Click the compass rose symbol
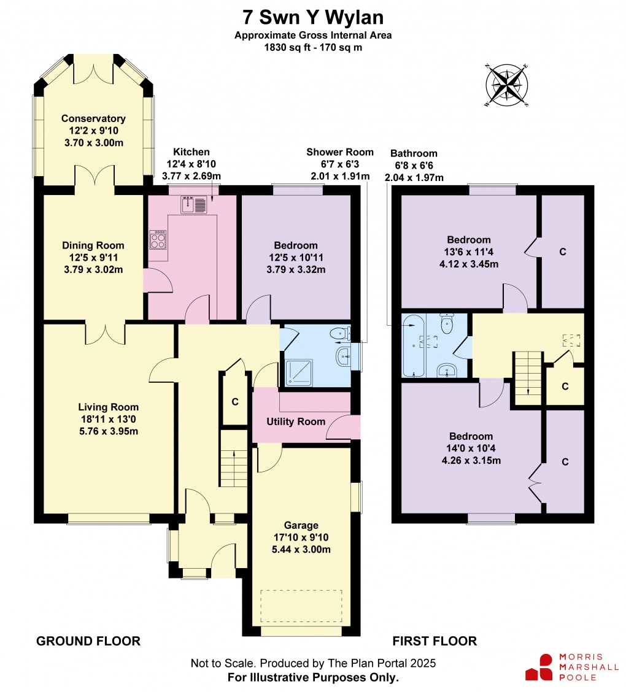(x=506, y=85)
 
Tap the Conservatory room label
(x=93, y=118)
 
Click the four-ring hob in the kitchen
(x=158, y=240)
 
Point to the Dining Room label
(x=93, y=245)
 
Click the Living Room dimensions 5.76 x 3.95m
(x=108, y=431)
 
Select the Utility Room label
(x=295, y=422)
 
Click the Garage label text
(x=301, y=525)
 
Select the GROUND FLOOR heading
(x=88, y=641)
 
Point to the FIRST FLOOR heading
(x=435, y=641)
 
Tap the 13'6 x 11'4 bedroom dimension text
(x=469, y=252)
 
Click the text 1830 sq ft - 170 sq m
(x=313, y=47)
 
